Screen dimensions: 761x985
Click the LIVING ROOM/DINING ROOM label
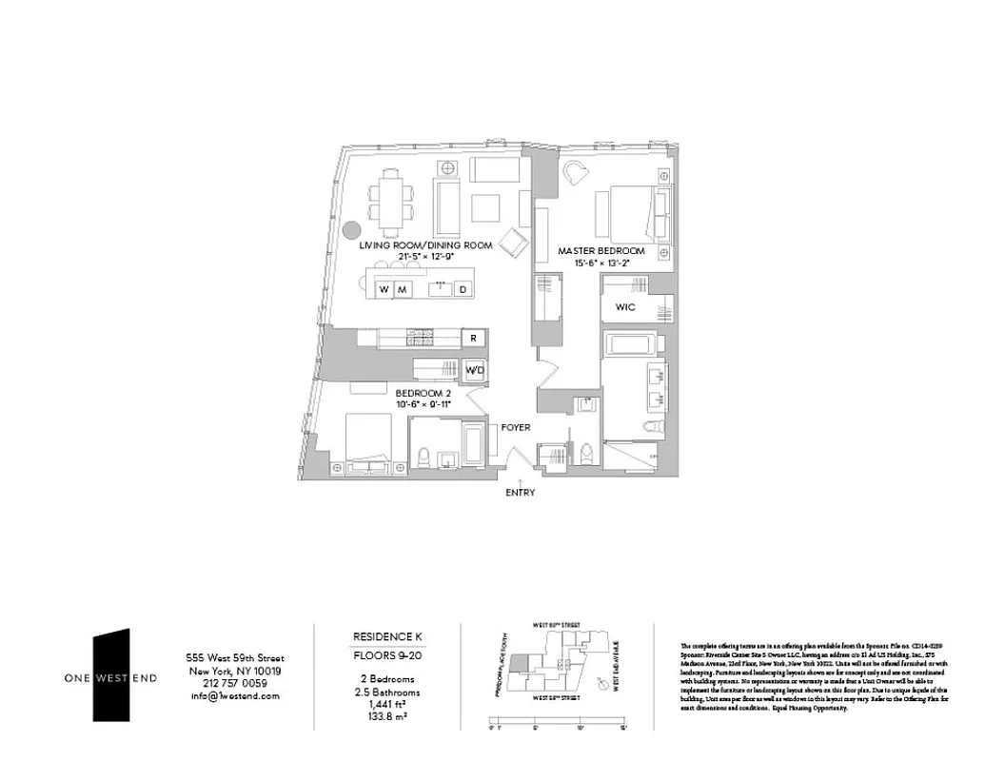pos(425,245)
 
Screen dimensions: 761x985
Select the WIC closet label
pos(624,307)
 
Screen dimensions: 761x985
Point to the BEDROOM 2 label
pos(423,393)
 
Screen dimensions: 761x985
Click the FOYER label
pos(516,428)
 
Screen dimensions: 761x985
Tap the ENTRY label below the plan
pos(521,493)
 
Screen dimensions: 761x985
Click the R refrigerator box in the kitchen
pos(473,338)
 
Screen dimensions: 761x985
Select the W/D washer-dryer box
pos(474,370)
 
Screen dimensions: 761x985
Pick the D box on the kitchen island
pos(463,289)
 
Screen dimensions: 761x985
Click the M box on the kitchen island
pos(403,289)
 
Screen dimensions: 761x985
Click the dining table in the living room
pos(389,201)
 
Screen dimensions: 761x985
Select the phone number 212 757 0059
pos(234,683)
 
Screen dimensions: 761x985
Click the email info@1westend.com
pos(234,695)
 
